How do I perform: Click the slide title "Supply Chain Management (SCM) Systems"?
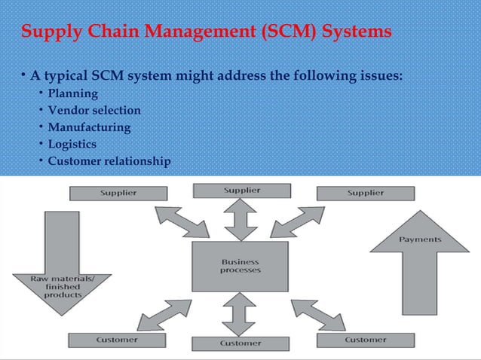[x=207, y=32]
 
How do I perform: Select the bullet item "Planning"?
[x=73, y=94]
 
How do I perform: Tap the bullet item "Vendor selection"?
[x=94, y=111]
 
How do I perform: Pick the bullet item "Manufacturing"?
[x=89, y=127]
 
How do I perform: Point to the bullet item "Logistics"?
[x=72, y=144]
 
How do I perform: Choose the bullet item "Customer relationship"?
[x=109, y=161]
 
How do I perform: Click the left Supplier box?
[x=118, y=193]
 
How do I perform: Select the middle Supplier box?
[x=240, y=190]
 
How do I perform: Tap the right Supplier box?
[x=365, y=193]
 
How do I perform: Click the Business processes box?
[x=240, y=267]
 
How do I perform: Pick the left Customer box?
[x=117, y=340]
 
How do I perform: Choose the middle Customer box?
[x=240, y=343]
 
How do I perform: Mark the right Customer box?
[x=365, y=340]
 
